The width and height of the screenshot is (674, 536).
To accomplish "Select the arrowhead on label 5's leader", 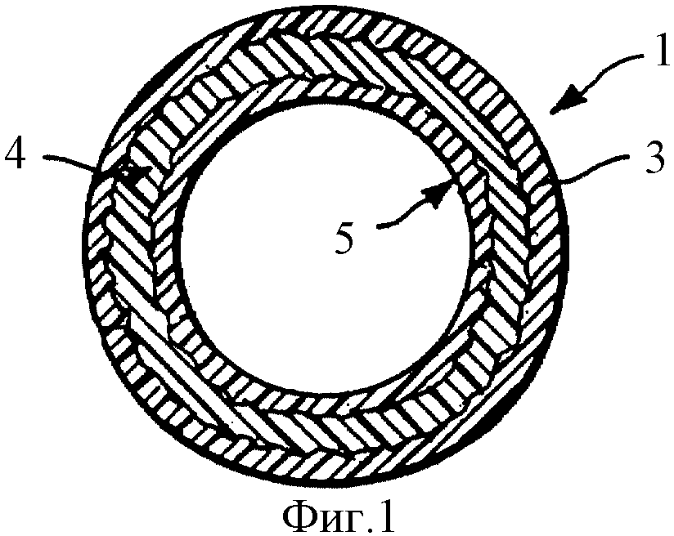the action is tap(439, 194).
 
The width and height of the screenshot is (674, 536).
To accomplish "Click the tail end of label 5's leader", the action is tap(378, 225).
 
